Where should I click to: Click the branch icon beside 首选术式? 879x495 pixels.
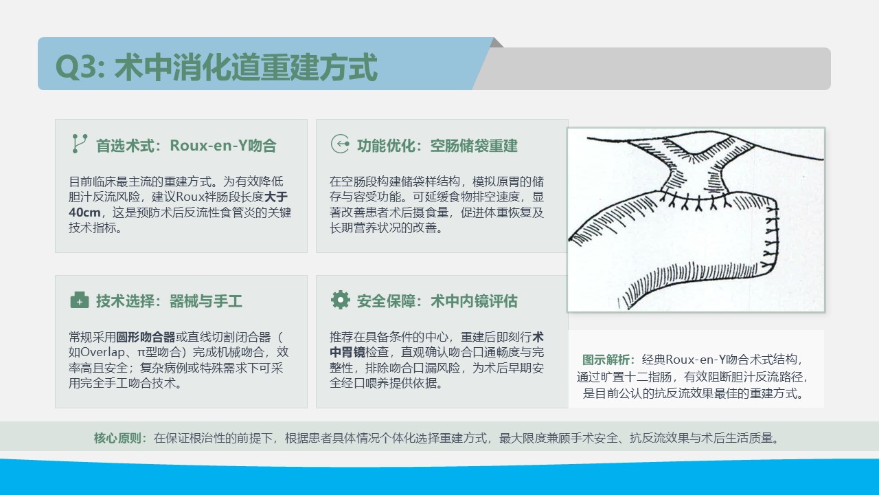(80, 144)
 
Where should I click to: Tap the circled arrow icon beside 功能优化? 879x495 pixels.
(340, 144)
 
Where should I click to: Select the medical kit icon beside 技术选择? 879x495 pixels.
(79, 300)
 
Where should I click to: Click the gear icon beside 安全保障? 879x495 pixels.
(340, 300)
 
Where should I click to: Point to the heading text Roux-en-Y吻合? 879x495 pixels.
(223, 146)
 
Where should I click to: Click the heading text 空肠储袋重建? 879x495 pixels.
(474, 146)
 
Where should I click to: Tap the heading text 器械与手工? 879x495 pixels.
(205, 301)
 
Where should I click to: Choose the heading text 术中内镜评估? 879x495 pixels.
(474, 301)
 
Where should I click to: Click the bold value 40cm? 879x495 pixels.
(84, 212)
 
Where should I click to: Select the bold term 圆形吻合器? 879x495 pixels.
(146, 337)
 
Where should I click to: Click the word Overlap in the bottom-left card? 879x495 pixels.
(102, 352)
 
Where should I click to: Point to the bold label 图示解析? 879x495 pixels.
(606, 360)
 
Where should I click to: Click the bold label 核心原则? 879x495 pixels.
(117, 438)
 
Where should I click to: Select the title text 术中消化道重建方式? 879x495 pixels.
(246, 67)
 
